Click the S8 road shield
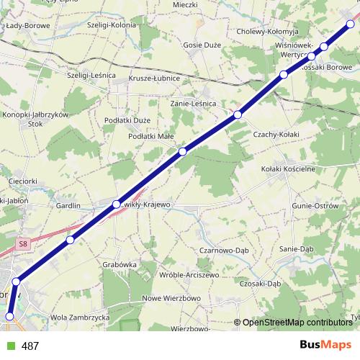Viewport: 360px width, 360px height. (24, 244)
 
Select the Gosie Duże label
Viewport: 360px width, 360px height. (201, 44)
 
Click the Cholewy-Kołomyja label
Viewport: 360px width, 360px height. (267, 31)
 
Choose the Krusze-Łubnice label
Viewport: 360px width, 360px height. (153, 78)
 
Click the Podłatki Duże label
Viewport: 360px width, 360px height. (127, 120)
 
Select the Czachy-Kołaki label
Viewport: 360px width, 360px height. (276, 134)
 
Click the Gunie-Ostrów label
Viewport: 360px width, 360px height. (315, 206)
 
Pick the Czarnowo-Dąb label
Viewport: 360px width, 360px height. (222, 250)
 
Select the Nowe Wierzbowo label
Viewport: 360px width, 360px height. (171, 298)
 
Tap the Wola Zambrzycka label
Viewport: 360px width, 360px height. (79, 317)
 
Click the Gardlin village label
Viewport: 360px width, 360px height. (68, 205)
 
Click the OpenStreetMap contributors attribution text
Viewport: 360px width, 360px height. (297, 323)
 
